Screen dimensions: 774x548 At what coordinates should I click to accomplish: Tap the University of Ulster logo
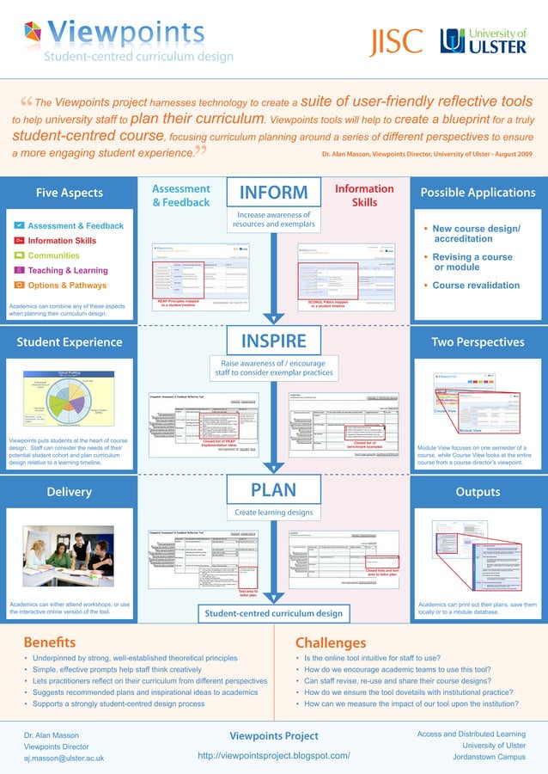click(x=484, y=40)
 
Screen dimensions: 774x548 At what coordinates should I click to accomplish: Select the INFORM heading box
click(x=273, y=193)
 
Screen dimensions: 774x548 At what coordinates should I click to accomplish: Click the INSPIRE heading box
click(x=273, y=341)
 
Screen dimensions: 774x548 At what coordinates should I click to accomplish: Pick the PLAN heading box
click(x=273, y=490)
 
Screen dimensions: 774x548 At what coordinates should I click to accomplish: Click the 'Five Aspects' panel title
click(x=69, y=193)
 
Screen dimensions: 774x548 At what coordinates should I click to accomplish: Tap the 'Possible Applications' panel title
click(x=478, y=193)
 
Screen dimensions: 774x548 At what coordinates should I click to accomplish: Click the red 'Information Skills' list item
click(x=62, y=241)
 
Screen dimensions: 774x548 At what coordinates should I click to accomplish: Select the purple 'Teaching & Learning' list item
click(x=68, y=270)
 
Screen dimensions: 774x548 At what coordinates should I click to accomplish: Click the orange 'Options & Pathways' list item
click(x=67, y=285)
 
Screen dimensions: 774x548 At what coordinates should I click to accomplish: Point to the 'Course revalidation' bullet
click(x=476, y=285)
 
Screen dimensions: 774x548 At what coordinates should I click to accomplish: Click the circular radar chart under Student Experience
click(x=56, y=398)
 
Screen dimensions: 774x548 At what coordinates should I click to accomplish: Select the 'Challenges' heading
click(x=330, y=642)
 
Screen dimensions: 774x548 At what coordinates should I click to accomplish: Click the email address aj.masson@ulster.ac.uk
click(x=64, y=758)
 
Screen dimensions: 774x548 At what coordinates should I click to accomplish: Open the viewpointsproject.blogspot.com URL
click(x=273, y=755)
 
